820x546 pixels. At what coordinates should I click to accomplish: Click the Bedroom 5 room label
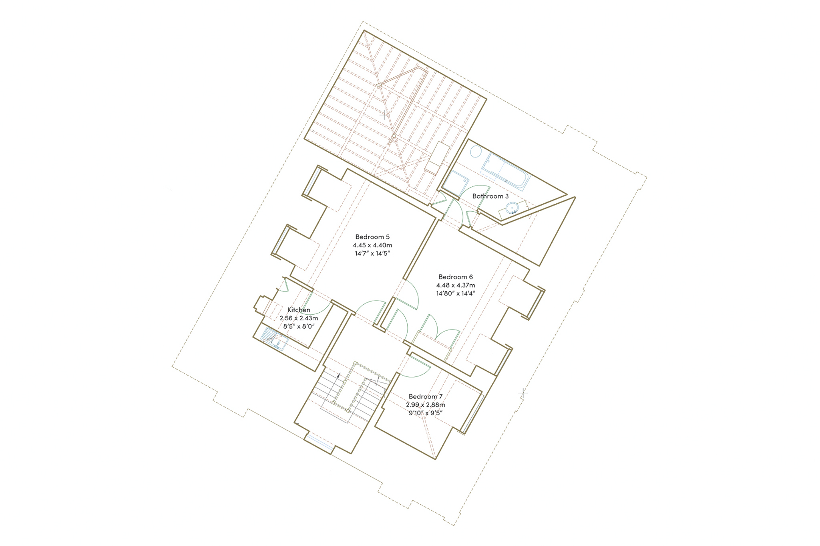372,237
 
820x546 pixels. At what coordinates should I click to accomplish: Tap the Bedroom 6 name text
456,277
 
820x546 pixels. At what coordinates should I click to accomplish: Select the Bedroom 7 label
426,396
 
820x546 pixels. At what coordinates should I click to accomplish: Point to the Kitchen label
299,310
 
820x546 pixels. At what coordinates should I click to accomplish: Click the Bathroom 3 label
490,196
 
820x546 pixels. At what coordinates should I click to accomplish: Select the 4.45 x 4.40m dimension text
372,245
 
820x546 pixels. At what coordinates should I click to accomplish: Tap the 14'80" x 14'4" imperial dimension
456,293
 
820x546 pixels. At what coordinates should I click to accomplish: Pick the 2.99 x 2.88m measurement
426,405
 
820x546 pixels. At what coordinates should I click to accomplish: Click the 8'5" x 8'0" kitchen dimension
299,326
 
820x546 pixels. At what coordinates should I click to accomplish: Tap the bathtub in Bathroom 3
506,172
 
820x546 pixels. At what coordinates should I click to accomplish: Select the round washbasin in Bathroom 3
512,208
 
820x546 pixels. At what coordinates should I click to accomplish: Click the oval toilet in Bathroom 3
476,152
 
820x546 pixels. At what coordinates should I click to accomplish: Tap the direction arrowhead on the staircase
339,376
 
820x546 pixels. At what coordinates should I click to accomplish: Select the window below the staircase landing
319,441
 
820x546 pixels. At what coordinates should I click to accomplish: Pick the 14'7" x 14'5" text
372,253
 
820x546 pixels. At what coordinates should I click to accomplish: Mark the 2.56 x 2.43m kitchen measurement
299,318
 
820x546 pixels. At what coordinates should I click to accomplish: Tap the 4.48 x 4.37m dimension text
456,285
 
